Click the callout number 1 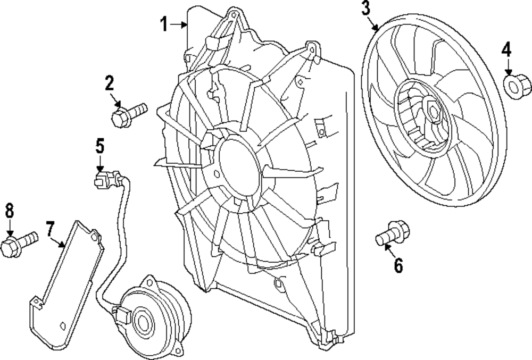pyautogui.click(x=165, y=24)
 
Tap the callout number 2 pyautogui.click(x=109, y=83)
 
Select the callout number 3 pyautogui.click(x=365, y=9)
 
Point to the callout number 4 pyautogui.click(x=506, y=51)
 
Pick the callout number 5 pyautogui.click(x=100, y=145)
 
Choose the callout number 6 pyautogui.click(x=398, y=264)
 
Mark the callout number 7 pyautogui.click(x=49, y=230)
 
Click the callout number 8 pyautogui.click(x=9, y=211)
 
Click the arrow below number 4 pyautogui.click(x=508, y=68)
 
